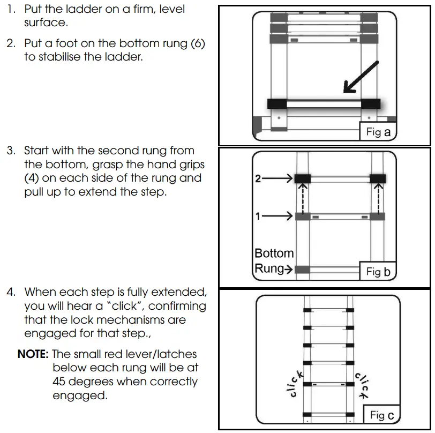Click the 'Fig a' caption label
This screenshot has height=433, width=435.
(x=378, y=131)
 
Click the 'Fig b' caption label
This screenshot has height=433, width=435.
(x=378, y=271)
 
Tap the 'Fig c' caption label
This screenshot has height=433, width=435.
(x=382, y=414)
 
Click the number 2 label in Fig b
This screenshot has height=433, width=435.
(x=258, y=180)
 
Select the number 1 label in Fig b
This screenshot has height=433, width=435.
(x=258, y=216)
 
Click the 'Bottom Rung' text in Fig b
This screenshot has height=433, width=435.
(x=274, y=260)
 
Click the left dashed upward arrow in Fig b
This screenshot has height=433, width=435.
(x=301, y=198)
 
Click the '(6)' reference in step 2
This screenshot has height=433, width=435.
(x=194, y=43)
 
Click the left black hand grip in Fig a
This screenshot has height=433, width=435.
(x=277, y=103)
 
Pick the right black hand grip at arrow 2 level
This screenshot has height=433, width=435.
(x=378, y=179)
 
